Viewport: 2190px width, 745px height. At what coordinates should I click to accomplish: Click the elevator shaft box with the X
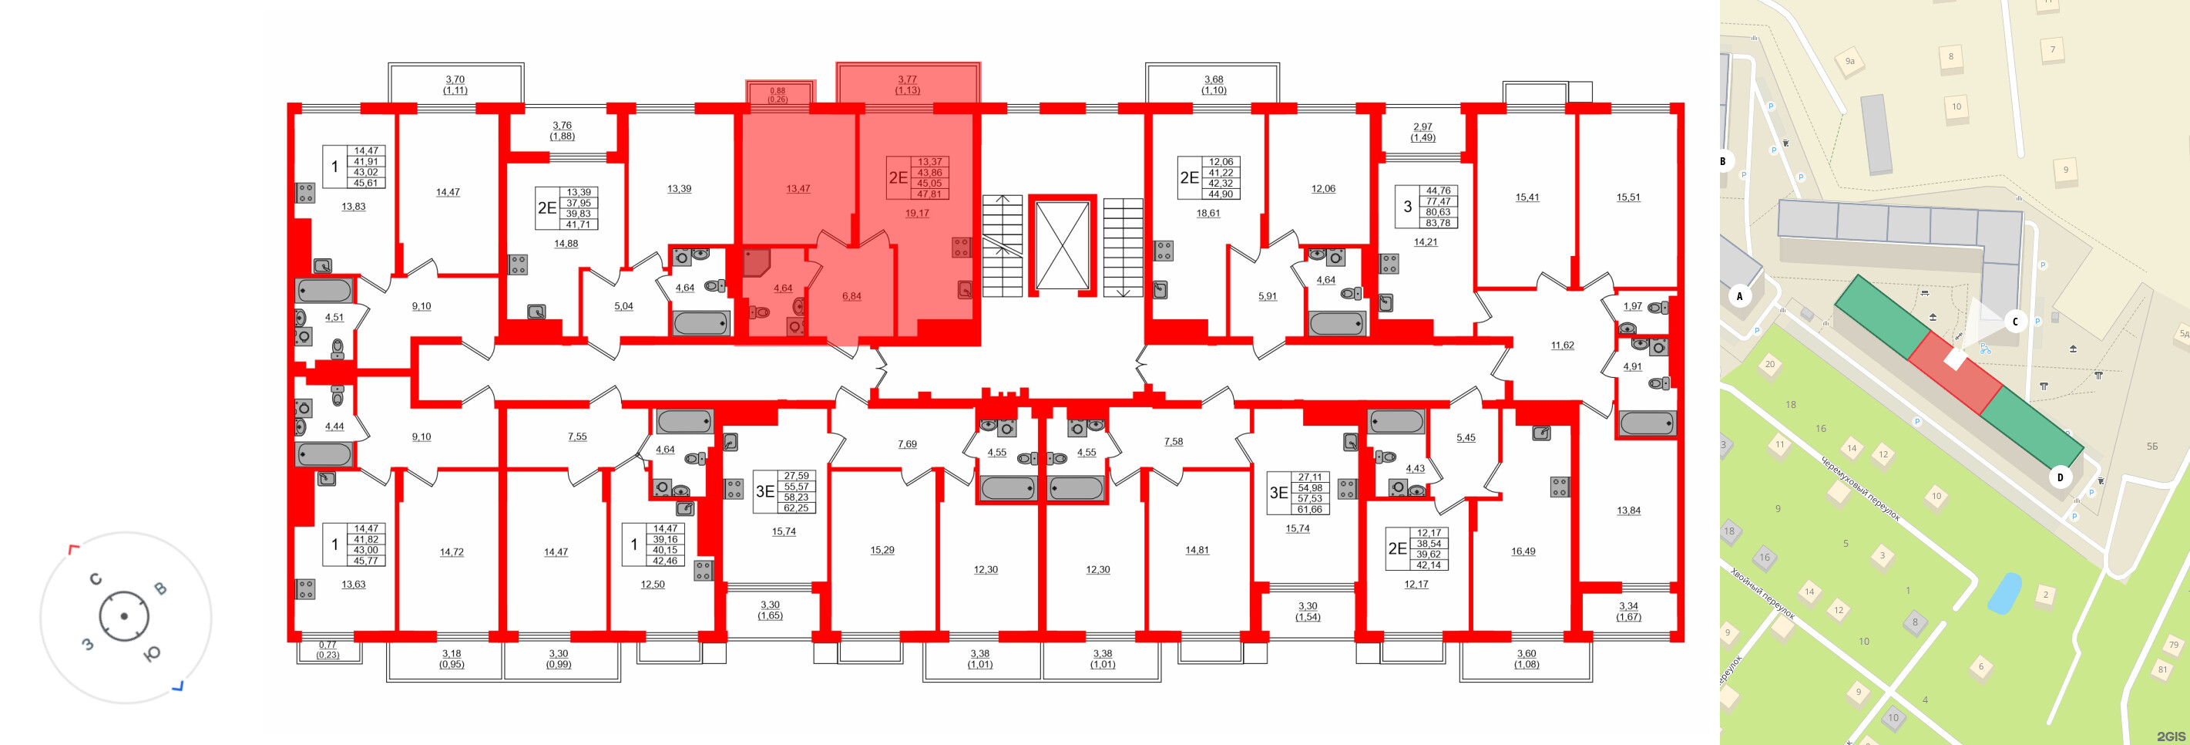pos(1062,246)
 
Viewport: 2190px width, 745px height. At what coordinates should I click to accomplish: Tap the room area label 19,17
pos(916,214)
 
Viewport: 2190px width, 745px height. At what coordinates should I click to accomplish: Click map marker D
pos(2060,477)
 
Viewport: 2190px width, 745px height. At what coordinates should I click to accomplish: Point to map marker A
pos(1739,296)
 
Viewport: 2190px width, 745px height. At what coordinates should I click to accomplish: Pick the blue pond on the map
pos(2004,593)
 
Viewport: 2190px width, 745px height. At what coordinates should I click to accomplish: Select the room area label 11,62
pos(1562,346)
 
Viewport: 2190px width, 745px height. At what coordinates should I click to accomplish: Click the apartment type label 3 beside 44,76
pos(1407,207)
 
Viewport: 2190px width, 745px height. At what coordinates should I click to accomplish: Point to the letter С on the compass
pos(96,579)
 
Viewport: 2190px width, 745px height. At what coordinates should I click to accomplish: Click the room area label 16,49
pos(1523,551)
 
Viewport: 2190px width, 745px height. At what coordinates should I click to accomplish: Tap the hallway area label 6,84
pos(851,296)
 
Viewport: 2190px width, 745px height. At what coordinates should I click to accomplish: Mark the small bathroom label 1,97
pos(1632,306)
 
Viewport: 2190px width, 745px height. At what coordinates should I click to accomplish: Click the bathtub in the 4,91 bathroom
pos(1646,423)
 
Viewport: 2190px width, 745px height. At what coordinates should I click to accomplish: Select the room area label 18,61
pos(1208,214)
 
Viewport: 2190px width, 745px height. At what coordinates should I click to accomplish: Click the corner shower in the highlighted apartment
pos(755,262)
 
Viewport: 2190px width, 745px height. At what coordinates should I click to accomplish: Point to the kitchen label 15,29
pos(882,550)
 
